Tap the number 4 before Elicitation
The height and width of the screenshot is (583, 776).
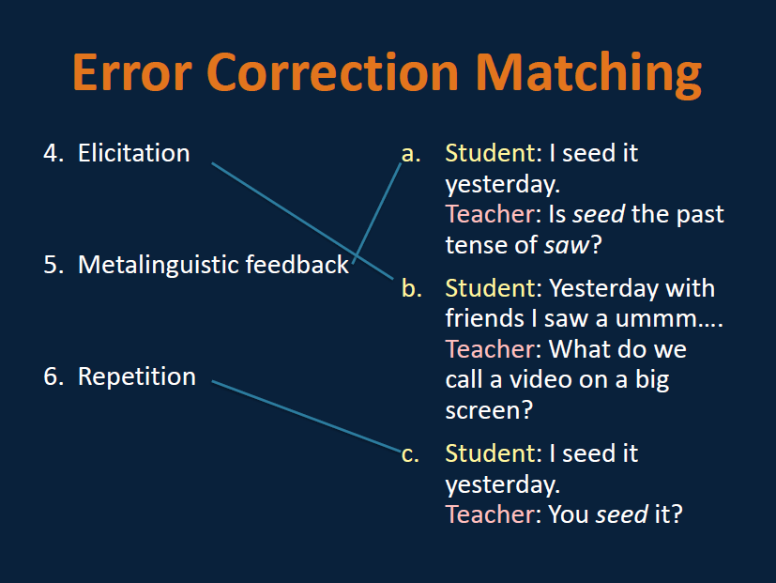52,153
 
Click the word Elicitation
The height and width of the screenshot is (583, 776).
133,153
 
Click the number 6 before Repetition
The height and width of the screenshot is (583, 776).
52,376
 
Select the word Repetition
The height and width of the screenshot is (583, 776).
137,376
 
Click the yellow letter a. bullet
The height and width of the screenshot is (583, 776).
410,153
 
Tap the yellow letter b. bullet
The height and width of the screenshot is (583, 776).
411,287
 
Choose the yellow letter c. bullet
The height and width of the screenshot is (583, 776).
409,453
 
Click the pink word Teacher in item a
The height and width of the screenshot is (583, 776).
488,214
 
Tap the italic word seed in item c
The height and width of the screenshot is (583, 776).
621,514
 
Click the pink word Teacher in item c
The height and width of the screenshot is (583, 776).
488,514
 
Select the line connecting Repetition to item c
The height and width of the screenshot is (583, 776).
306,416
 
